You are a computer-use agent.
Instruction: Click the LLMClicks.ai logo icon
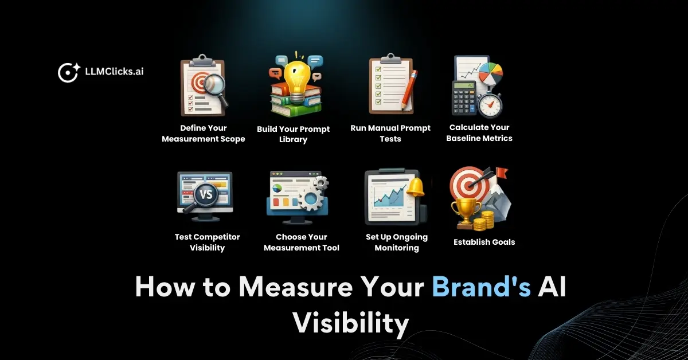pos(68,73)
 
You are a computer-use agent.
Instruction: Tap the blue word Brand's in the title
pos(481,287)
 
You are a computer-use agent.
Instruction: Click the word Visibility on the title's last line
pos(351,323)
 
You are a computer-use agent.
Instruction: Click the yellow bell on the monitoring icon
pos(415,187)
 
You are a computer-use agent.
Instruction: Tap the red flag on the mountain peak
pos(502,173)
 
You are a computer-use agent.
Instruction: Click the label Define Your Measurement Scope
pos(203,134)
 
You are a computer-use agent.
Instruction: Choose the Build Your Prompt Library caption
pos(293,134)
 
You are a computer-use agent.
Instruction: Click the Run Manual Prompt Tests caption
pos(390,134)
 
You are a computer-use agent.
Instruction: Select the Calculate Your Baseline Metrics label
pos(479,133)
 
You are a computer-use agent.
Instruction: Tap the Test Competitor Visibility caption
pos(207,242)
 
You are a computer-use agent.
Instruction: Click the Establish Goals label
pos(484,242)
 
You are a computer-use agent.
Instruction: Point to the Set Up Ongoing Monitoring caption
pos(397,242)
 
